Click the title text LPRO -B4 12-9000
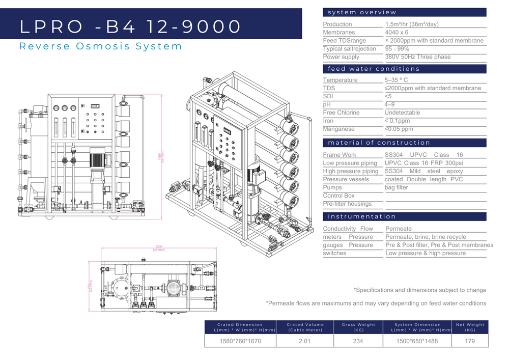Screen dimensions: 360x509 [130, 26]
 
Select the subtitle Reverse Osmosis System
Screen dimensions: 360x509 [100, 46]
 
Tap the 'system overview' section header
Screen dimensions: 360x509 [362, 12]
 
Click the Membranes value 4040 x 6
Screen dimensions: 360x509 [397, 33]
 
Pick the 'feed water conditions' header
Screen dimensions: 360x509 [374, 69]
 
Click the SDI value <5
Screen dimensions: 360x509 [388, 96]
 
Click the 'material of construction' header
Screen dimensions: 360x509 [379, 143]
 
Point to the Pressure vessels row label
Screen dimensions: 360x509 [346, 179]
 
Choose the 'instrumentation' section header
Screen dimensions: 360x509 [362, 216]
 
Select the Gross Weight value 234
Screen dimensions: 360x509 [358, 341]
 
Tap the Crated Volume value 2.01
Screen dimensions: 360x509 [304, 341]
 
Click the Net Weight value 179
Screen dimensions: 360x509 [469, 341]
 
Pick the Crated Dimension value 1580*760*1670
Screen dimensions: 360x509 [240, 341]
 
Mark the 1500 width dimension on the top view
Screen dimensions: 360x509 [159, 247]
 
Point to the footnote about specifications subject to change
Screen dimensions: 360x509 [420, 290]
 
